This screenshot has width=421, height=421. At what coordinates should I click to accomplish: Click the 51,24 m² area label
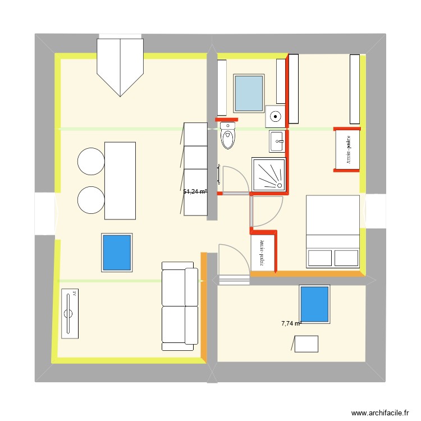click(195, 191)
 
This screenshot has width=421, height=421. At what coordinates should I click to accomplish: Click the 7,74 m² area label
click(291, 323)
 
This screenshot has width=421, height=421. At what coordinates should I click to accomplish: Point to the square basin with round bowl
click(275, 116)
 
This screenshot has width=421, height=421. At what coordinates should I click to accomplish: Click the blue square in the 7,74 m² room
click(314, 304)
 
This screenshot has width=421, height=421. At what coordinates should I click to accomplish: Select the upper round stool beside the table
click(91, 161)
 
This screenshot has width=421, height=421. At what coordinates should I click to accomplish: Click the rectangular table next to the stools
click(120, 180)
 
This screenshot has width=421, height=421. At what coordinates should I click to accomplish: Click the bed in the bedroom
click(332, 231)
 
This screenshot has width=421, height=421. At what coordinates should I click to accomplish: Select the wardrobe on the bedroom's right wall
click(347, 149)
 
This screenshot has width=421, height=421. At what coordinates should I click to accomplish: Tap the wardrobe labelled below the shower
click(264, 253)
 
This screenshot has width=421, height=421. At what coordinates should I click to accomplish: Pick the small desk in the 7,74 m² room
click(306, 344)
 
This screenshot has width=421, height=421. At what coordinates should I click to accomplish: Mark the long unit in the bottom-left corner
click(70, 314)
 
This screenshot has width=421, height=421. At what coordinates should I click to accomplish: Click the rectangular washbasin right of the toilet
click(278, 141)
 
